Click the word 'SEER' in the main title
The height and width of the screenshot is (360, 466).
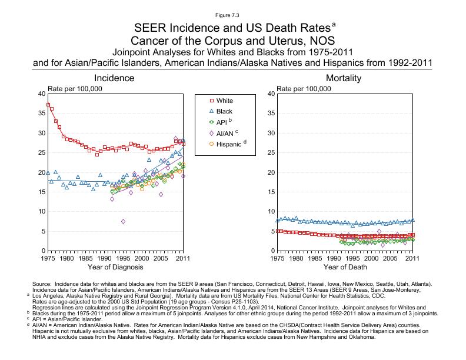coord(151,28)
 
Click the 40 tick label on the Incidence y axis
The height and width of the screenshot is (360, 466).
coord(41,94)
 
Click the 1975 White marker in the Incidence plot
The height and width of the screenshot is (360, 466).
coord(48,105)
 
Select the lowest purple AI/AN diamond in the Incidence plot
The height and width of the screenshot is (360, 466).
coord(123,221)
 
